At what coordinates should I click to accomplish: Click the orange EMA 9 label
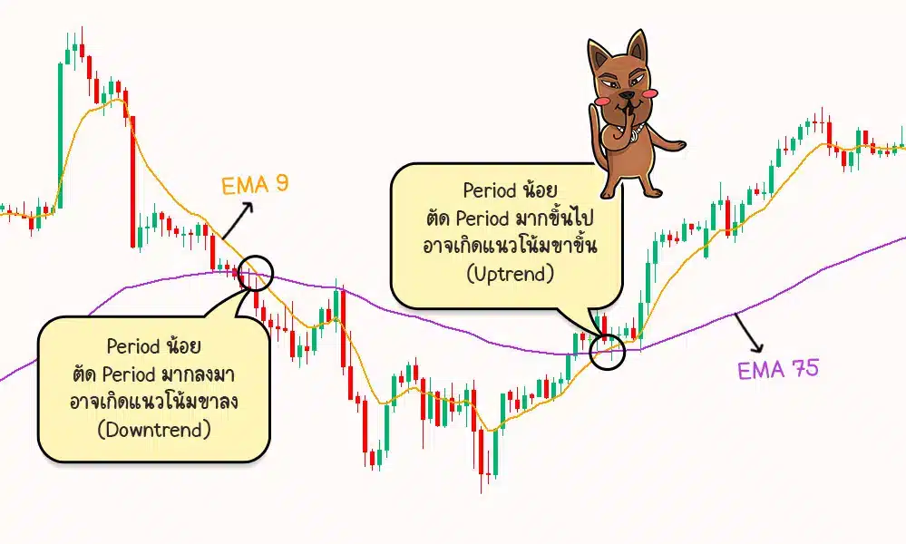pos(255,186)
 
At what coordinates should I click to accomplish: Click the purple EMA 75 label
pos(778,370)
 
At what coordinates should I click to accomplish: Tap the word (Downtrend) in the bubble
pos(153,429)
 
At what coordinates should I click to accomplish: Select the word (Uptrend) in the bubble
pos(508,274)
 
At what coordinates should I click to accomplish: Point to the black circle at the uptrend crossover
pos(607,349)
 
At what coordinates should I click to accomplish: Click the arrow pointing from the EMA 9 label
pos(241,217)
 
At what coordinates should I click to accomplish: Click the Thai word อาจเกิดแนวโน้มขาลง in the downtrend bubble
pos(153,402)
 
